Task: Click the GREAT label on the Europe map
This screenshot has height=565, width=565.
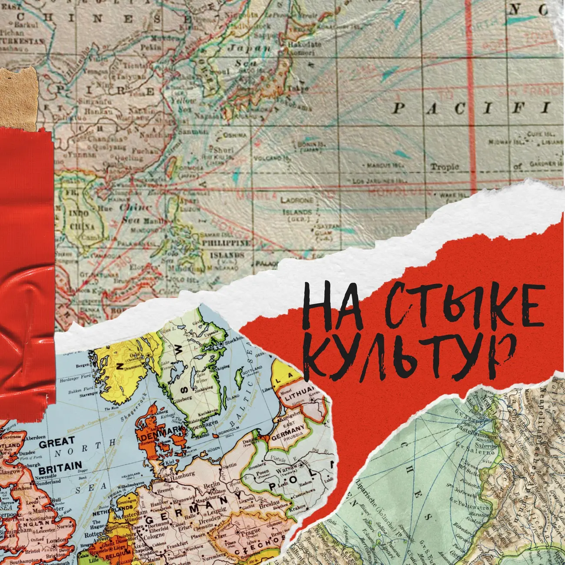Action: click(x=56, y=443)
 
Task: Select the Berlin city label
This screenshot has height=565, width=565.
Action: click(x=212, y=485)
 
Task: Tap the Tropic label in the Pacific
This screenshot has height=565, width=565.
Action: click(x=444, y=166)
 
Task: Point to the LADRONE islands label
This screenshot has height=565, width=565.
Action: click(x=297, y=200)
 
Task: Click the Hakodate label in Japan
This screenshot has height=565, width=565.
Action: click(x=305, y=44)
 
